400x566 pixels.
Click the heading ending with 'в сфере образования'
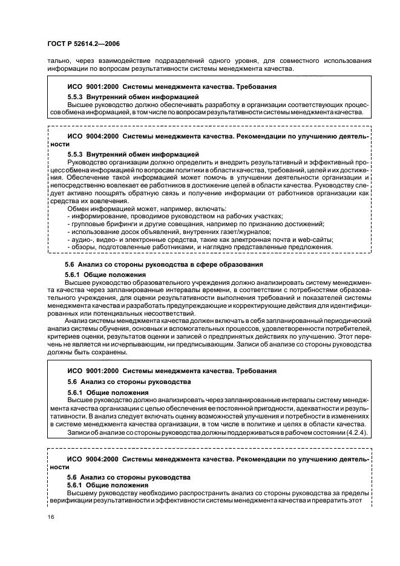[163, 264]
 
